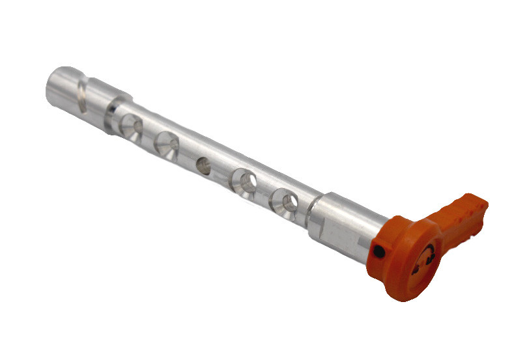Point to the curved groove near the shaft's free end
pyautogui.click(x=81, y=95)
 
